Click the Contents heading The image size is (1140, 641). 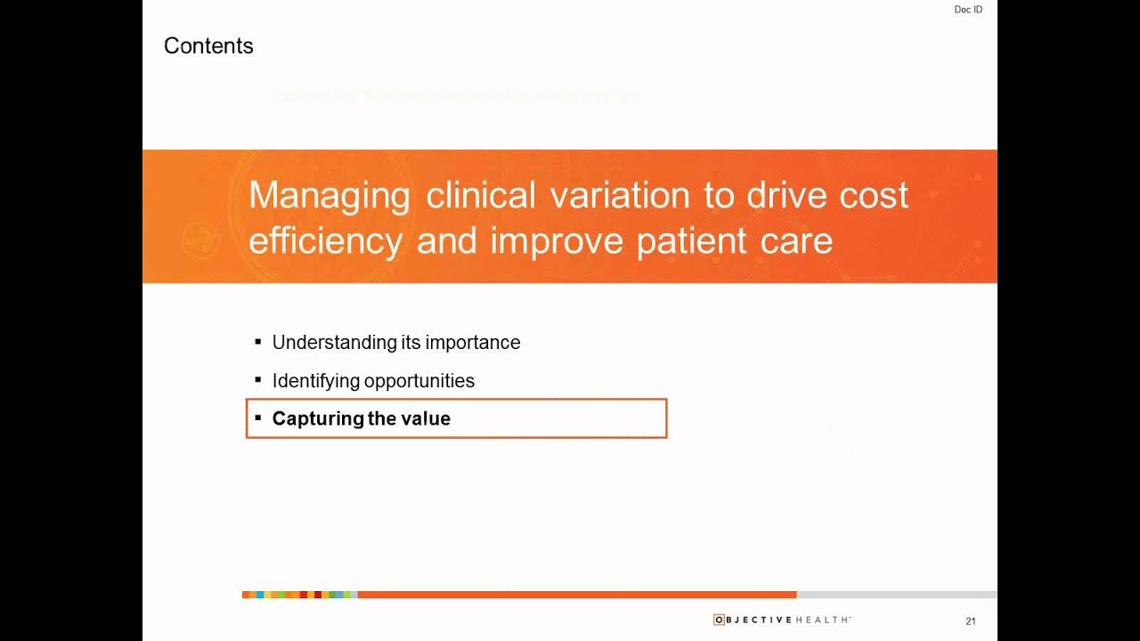click(208, 46)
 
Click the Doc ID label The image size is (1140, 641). click(968, 10)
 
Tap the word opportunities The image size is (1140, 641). click(419, 381)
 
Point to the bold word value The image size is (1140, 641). click(426, 418)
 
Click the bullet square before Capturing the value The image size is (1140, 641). click(258, 418)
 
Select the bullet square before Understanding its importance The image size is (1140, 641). click(258, 342)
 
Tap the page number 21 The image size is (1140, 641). click(971, 621)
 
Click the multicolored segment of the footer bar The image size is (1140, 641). click(299, 594)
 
